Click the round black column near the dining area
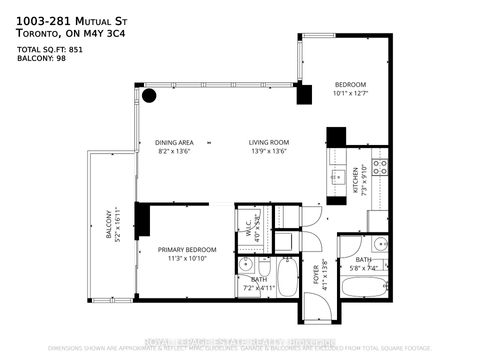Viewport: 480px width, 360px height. (149, 96)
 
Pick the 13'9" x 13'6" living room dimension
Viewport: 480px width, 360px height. (268, 153)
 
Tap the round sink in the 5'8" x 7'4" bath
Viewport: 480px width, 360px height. (378, 246)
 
